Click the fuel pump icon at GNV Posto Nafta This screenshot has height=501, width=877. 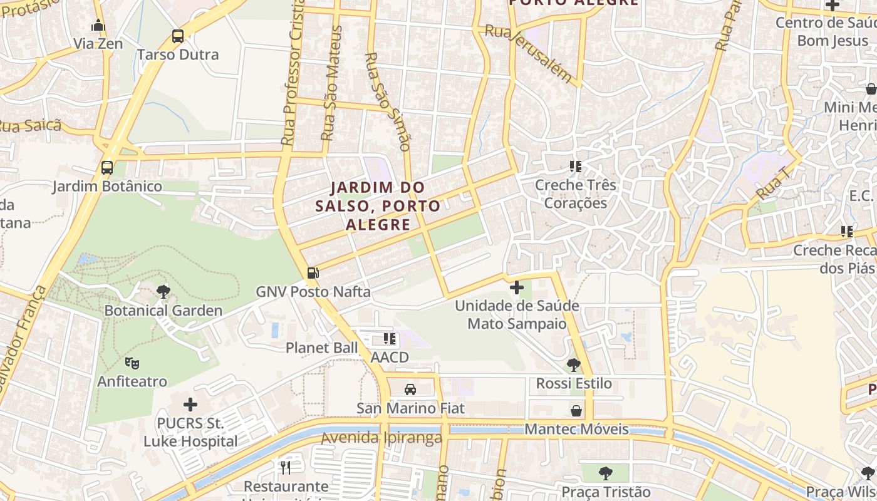[313, 273]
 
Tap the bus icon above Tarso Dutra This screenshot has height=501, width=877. [178, 36]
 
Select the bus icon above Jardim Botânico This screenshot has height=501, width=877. [107, 168]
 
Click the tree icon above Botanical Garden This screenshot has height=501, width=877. [163, 291]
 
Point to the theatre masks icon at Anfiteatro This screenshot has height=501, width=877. [132, 363]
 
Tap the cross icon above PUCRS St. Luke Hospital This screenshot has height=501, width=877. [190, 405]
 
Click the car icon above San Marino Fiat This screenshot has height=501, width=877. [410, 390]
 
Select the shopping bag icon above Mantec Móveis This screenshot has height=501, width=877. [576, 411]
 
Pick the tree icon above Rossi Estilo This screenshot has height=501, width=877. [573, 365]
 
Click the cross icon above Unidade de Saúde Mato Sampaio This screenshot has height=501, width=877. [517, 287]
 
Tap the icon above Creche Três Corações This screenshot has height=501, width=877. [576, 167]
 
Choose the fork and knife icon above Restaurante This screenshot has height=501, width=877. [286, 467]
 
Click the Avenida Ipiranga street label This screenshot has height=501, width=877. [381, 438]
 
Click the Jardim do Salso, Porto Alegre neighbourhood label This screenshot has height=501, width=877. [378, 205]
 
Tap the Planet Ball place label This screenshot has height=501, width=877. [322, 348]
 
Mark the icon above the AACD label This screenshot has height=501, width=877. [390, 339]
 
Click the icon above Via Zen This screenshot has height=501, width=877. [98, 26]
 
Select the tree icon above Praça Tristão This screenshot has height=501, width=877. [605, 473]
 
